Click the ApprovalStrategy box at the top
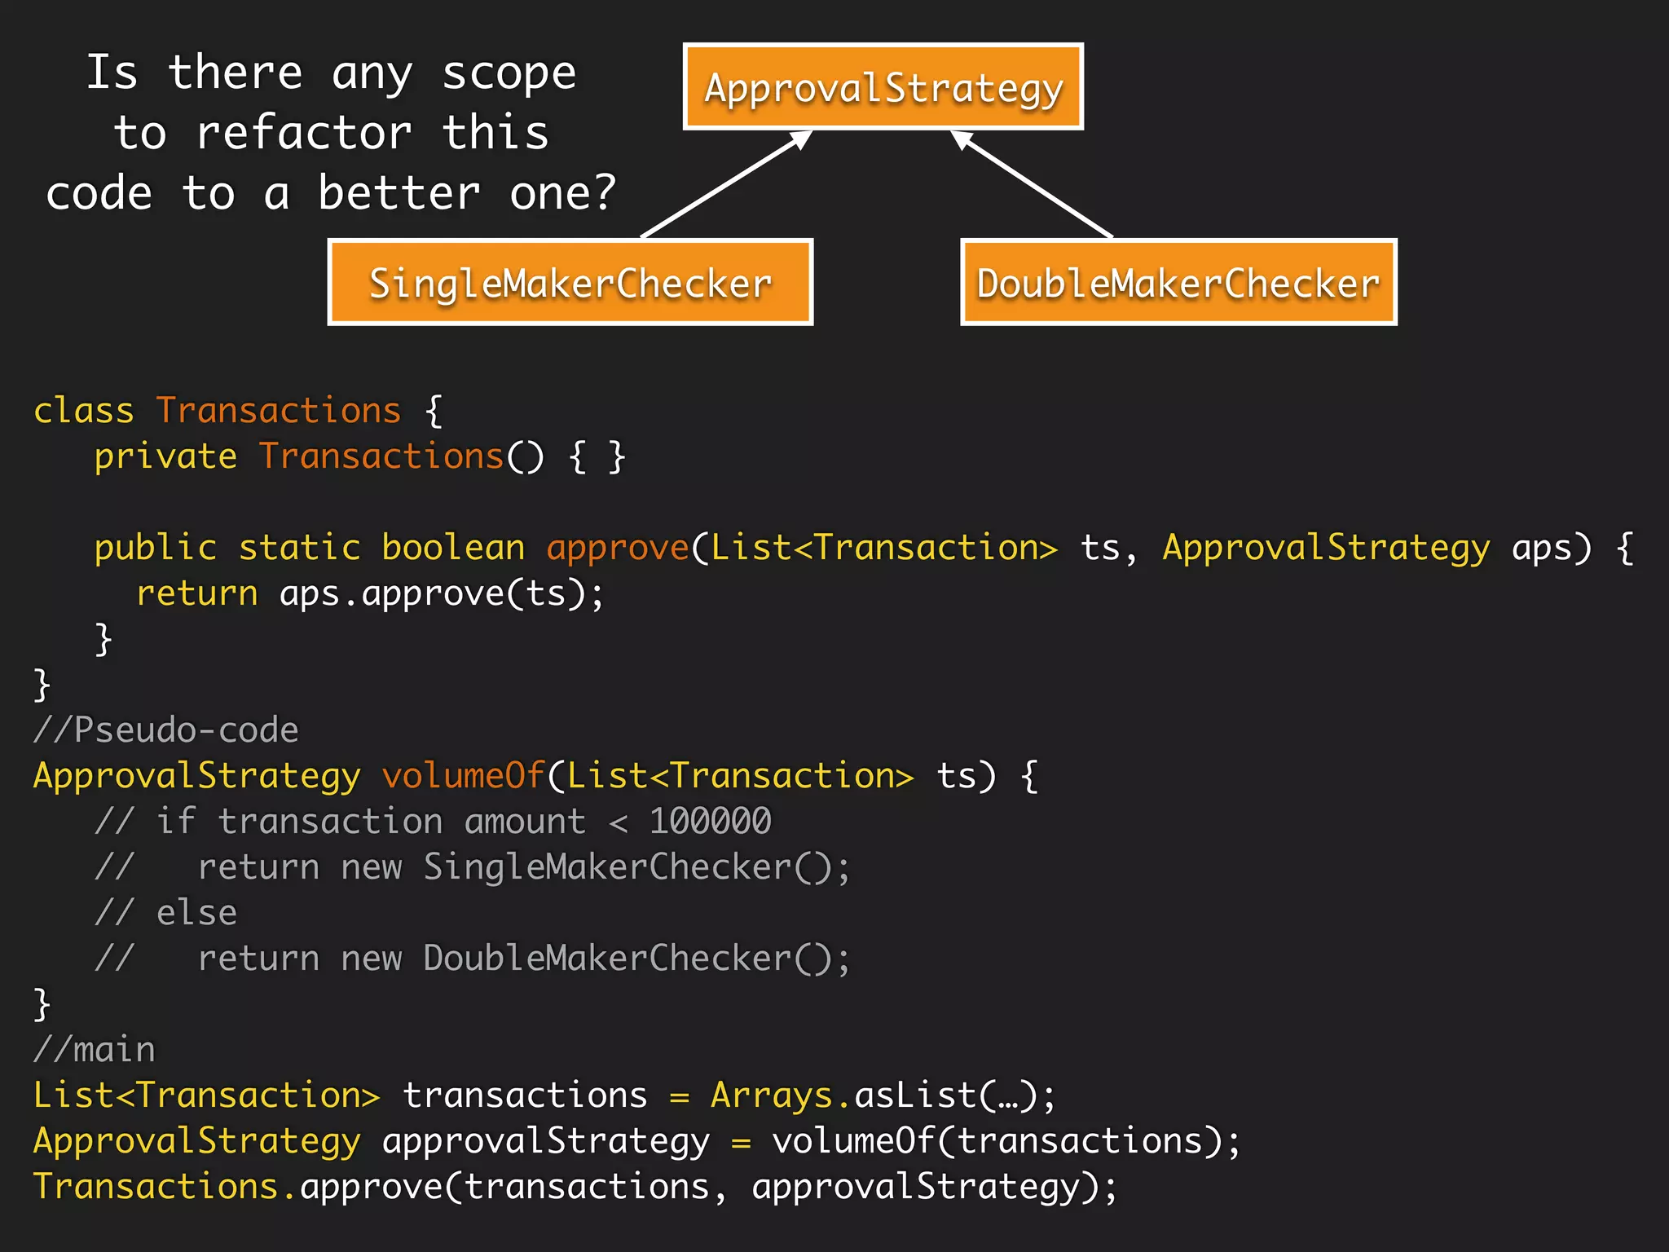[x=883, y=86]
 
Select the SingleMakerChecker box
[x=570, y=282]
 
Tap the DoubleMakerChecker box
[x=1178, y=282]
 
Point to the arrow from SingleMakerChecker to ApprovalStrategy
[x=725, y=184]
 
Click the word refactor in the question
[x=304, y=133]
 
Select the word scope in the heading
[x=509, y=73]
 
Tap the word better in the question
[x=399, y=193]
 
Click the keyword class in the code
[x=83, y=410]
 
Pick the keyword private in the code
[x=165, y=456]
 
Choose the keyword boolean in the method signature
[x=453, y=548]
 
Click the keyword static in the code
[x=299, y=548]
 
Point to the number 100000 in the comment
[x=710, y=821]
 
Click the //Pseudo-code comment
[x=165, y=730]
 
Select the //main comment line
[x=94, y=1049]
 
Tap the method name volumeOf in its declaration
[x=463, y=775]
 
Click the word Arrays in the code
[x=771, y=1095]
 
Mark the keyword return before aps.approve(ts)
[x=196, y=593]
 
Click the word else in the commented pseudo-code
[x=196, y=912]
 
